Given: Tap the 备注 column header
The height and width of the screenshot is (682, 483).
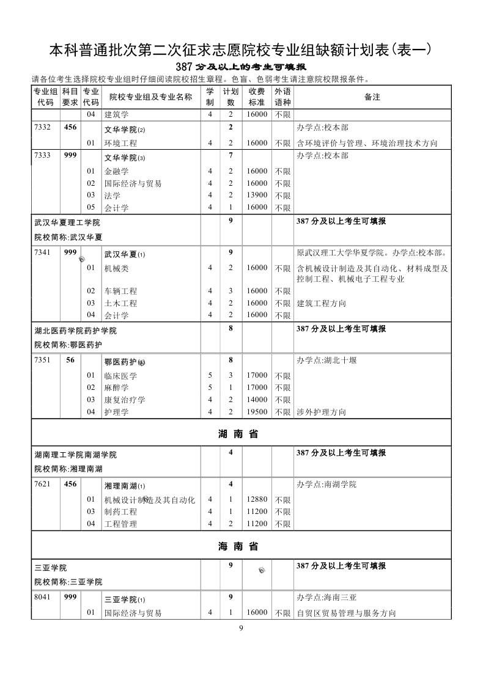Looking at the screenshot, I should [372, 97].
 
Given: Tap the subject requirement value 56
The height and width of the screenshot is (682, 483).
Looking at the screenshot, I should [70, 361].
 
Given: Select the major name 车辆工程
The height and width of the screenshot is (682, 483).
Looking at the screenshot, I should [120, 291].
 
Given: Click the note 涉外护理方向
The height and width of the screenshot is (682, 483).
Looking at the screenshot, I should [321, 412].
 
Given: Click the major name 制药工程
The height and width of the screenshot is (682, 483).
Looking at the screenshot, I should [120, 512].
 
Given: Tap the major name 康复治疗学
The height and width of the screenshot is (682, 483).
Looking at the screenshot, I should [125, 400].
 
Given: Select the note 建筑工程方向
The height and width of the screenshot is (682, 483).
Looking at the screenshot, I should [321, 303].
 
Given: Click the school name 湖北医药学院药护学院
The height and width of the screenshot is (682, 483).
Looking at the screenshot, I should [75, 331].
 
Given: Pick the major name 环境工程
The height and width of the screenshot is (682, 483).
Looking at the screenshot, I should [120, 143].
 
